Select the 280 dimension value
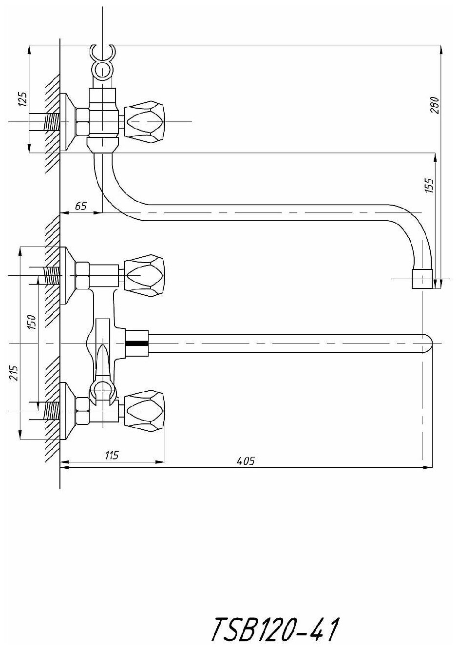[x=435, y=105]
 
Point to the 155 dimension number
[x=429, y=186]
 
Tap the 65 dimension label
[x=80, y=206]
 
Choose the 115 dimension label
[x=112, y=456]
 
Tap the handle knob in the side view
[x=145, y=121]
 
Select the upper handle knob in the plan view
[x=145, y=275]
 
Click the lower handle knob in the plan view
[x=145, y=411]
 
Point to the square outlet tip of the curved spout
[x=422, y=279]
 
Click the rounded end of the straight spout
[x=427, y=343]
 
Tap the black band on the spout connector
[x=136, y=343]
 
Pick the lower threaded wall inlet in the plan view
[x=51, y=411]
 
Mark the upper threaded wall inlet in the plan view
[x=51, y=275]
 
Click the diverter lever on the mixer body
[x=102, y=361]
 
